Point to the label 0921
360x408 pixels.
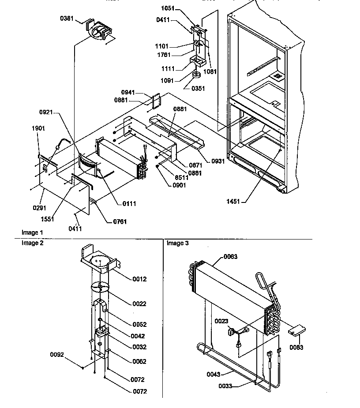[46, 112]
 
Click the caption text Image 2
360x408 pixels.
[33, 243]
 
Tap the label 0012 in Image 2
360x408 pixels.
[139, 279]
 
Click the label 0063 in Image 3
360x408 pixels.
[230, 256]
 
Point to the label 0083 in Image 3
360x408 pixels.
[297, 347]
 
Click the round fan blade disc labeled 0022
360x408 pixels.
[101, 288]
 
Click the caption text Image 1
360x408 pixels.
[33, 232]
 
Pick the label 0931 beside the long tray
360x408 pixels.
[217, 161]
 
